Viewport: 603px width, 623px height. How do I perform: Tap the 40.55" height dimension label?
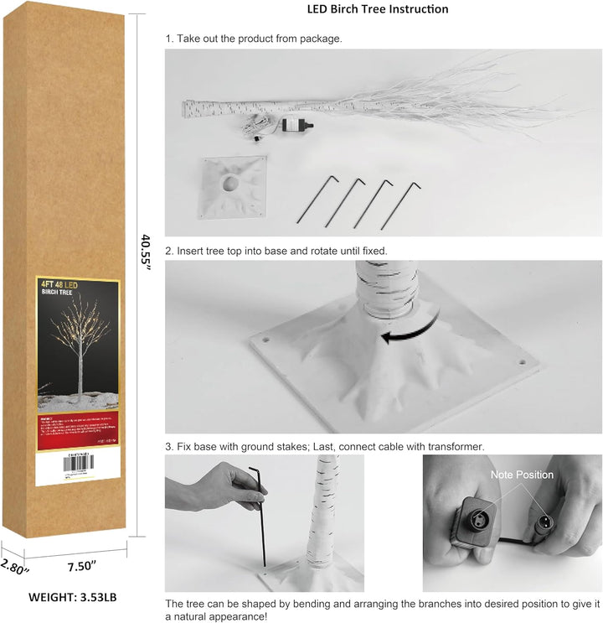146,251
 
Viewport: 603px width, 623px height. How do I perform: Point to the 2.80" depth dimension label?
14,567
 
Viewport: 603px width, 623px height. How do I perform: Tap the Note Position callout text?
522,475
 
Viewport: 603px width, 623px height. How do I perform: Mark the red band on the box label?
77,428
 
